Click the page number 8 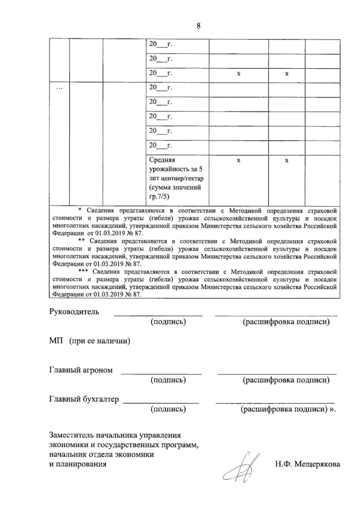(199, 26)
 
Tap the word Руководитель (74, 312)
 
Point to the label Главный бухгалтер (84, 399)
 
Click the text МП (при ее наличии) (89, 341)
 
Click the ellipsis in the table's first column (59, 88)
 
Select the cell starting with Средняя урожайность (177, 178)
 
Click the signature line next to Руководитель (158, 315)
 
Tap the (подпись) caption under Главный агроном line (168, 380)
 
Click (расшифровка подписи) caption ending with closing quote (288, 409)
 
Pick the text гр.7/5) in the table (159, 197)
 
